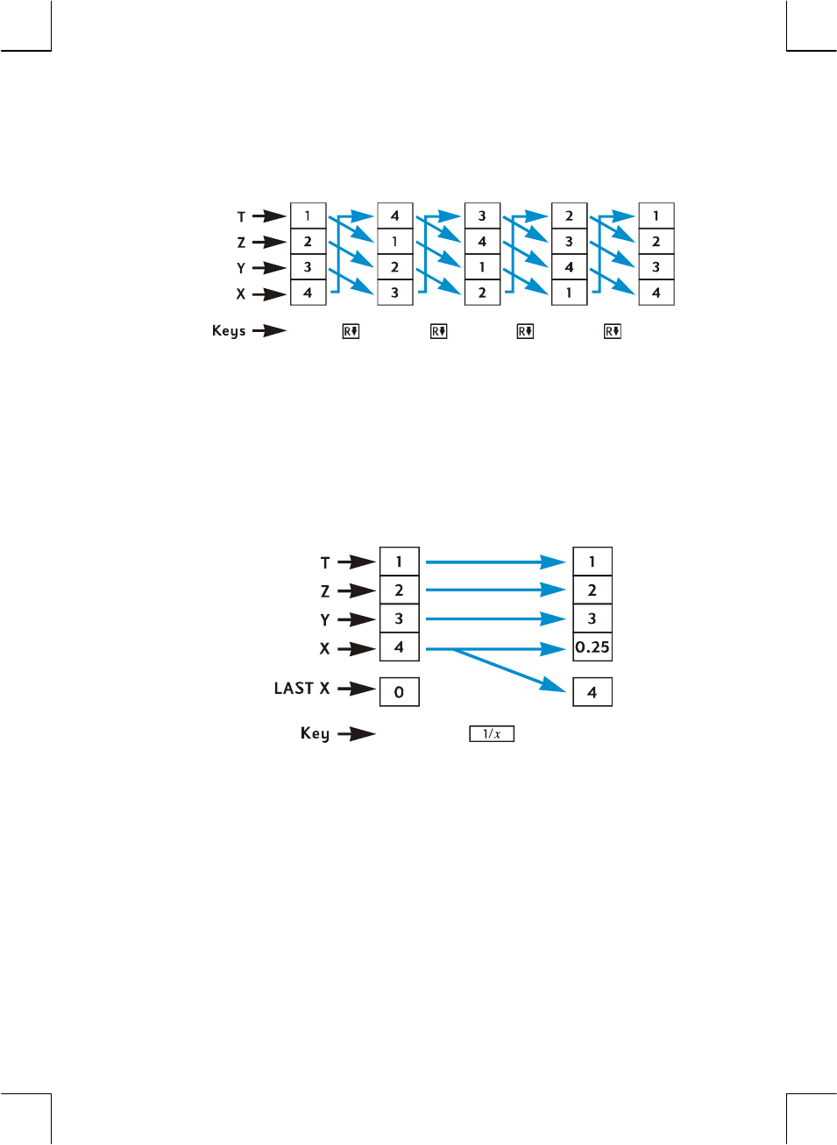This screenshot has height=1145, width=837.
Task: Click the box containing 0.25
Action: (x=592, y=647)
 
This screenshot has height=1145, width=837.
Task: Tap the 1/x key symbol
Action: (x=492, y=734)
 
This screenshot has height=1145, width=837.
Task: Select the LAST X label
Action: (x=301, y=689)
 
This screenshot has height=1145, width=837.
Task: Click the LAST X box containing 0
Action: (x=399, y=692)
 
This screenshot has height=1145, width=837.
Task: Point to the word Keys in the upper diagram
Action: (x=229, y=331)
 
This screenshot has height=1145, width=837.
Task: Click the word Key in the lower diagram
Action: (x=315, y=733)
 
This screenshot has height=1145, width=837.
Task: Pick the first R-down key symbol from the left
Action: (x=351, y=331)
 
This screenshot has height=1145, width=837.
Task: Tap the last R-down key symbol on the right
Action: (x=613, y=331)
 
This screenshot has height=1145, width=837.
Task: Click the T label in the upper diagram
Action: (x=241, y=216)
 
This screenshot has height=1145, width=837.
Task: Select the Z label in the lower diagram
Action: (x=325, y=591)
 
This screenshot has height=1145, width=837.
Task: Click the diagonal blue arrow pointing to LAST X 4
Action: (x=508, y=671)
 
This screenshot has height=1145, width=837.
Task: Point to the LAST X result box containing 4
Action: (x=592, y=692)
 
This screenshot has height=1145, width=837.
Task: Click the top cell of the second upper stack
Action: (x=394, y=216)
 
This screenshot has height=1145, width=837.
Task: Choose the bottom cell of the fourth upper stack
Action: (x=569, y=293)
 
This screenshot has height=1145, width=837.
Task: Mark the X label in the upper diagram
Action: (x=241, y=294)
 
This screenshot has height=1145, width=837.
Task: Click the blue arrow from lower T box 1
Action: (x=495, y=562)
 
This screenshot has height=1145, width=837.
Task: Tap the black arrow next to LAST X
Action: (x=356, y=689)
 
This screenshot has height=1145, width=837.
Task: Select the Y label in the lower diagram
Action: (x=325, y=620)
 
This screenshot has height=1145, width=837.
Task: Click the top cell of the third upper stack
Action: (x=482, y=216)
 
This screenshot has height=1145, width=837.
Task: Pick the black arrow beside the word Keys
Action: (x=269, y=331)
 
